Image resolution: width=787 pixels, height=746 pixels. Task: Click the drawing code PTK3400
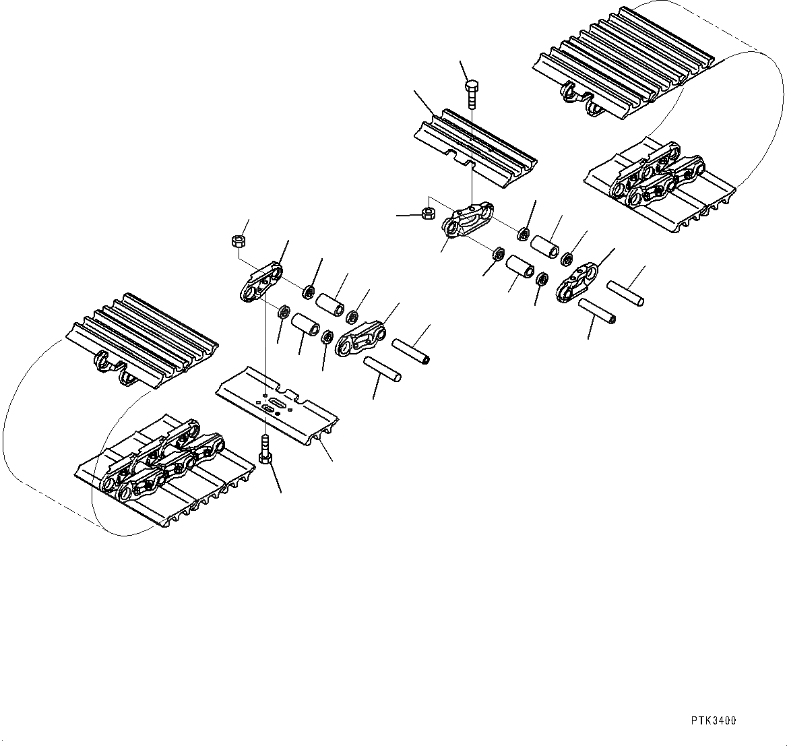pos(713,720)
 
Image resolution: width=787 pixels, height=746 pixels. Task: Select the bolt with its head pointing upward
pos(472,94)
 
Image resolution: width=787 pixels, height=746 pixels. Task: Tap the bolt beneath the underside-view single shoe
pos(265,449)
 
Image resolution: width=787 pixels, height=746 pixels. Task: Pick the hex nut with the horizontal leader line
pos(427,214)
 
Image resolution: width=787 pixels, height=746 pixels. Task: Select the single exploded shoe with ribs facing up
pos(474,146)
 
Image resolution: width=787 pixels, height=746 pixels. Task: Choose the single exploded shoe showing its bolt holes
pos(276,405)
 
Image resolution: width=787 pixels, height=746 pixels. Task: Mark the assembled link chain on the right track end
pos(657,179)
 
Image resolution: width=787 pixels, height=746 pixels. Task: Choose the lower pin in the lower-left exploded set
pos(383,369)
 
